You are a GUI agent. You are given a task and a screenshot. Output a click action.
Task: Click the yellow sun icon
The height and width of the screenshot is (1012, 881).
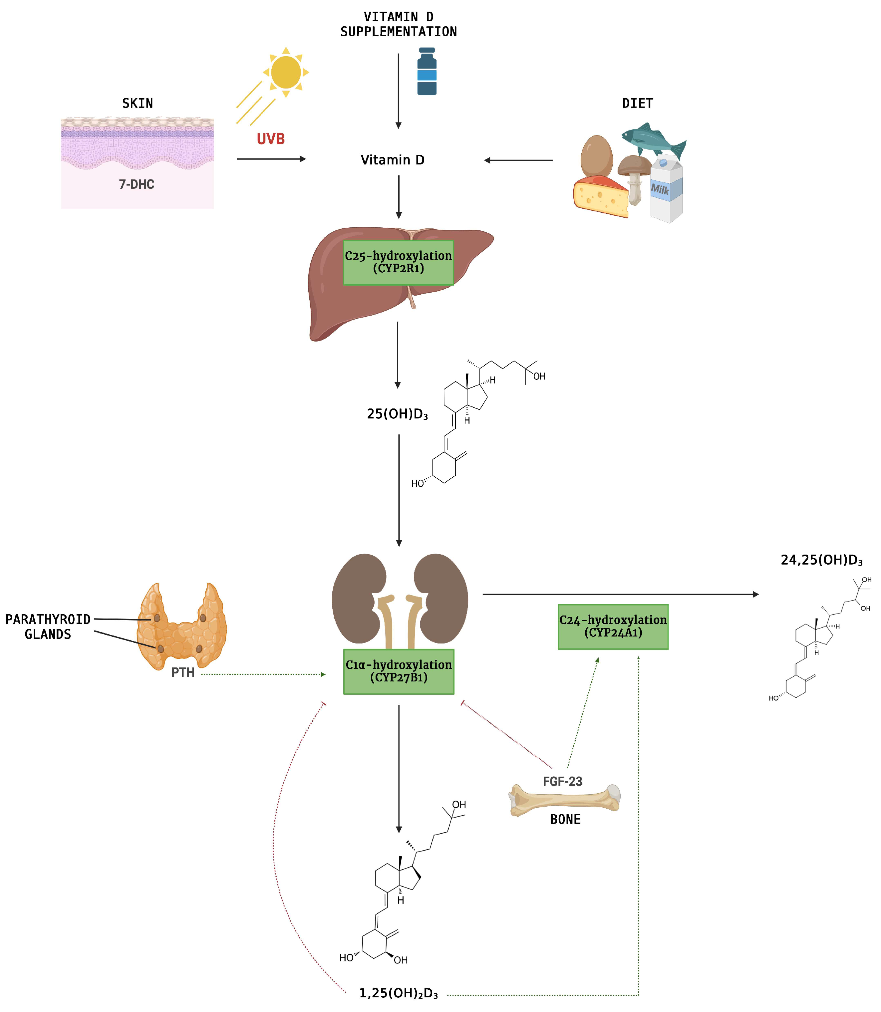[x=286, y=72]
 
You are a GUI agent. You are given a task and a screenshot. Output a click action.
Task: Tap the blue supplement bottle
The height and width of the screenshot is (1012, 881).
[x=427, y=72]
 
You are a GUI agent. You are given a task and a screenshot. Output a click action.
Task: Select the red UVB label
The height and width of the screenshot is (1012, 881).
[x=270, y=139]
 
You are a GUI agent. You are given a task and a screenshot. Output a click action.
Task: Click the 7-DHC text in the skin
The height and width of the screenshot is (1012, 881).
[x=136, y=184]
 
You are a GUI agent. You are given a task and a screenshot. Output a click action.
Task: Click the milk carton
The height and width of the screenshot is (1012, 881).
[x=667, y=189]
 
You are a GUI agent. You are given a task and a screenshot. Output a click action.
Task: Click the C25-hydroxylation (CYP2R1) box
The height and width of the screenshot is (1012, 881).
[x=398, y=262]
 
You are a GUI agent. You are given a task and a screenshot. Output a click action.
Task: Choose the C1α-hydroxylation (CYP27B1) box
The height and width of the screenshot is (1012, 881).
[x=398, y=671]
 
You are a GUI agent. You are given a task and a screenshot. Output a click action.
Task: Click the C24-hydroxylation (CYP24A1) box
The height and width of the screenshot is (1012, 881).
[x=613, y=627]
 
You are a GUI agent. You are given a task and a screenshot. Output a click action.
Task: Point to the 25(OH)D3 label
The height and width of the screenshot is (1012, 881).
[x=397, y=414]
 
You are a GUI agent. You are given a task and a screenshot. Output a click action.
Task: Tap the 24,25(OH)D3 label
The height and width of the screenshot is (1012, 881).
[x=821, y=560]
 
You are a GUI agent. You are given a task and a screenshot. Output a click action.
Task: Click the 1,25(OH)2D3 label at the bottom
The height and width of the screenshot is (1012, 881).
[x=398, y=993]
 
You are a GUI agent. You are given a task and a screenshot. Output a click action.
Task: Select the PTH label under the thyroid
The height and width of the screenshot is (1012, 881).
[x=183, y=672]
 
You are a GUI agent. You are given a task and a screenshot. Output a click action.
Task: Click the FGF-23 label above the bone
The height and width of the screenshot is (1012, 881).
[x=562, y=782]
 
